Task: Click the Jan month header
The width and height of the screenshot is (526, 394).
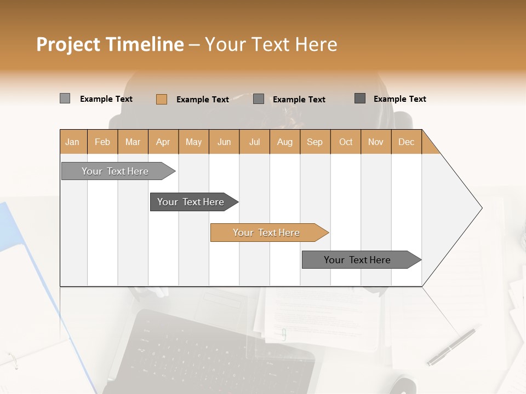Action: tap(73, 142)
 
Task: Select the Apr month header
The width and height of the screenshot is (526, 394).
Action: tap(163, 142)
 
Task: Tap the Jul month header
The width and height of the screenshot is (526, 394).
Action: tap(254, 142)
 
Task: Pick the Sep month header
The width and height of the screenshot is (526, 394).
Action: tap(315, 142)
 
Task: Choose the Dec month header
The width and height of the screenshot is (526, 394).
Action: tap(406, 142)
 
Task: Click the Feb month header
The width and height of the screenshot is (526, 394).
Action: tap(102, 142)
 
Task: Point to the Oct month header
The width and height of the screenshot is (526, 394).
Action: tap(346, 142)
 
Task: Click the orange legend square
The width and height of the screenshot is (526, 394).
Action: tap(161, 99)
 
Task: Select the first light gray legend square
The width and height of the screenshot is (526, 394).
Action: tap(65, 99)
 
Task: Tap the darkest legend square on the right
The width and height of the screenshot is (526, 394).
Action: tap(360, 99)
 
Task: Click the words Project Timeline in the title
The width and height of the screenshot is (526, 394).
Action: tap(110, 44)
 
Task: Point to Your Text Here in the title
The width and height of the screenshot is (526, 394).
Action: tap(271, 44)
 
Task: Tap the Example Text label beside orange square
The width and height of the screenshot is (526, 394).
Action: tap(202, 100)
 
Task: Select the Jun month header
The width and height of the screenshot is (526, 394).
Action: tap(224, 142)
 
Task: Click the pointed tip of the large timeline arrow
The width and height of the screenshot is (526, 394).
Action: tap(481, 208)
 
